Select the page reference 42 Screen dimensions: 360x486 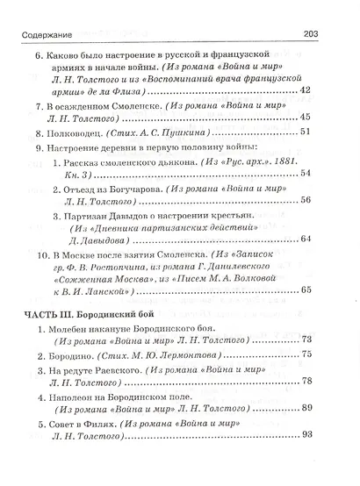[x=329, y=90]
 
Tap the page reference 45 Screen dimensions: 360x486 [x=329, y=118]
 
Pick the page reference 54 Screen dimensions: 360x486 [x=329, y=174]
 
